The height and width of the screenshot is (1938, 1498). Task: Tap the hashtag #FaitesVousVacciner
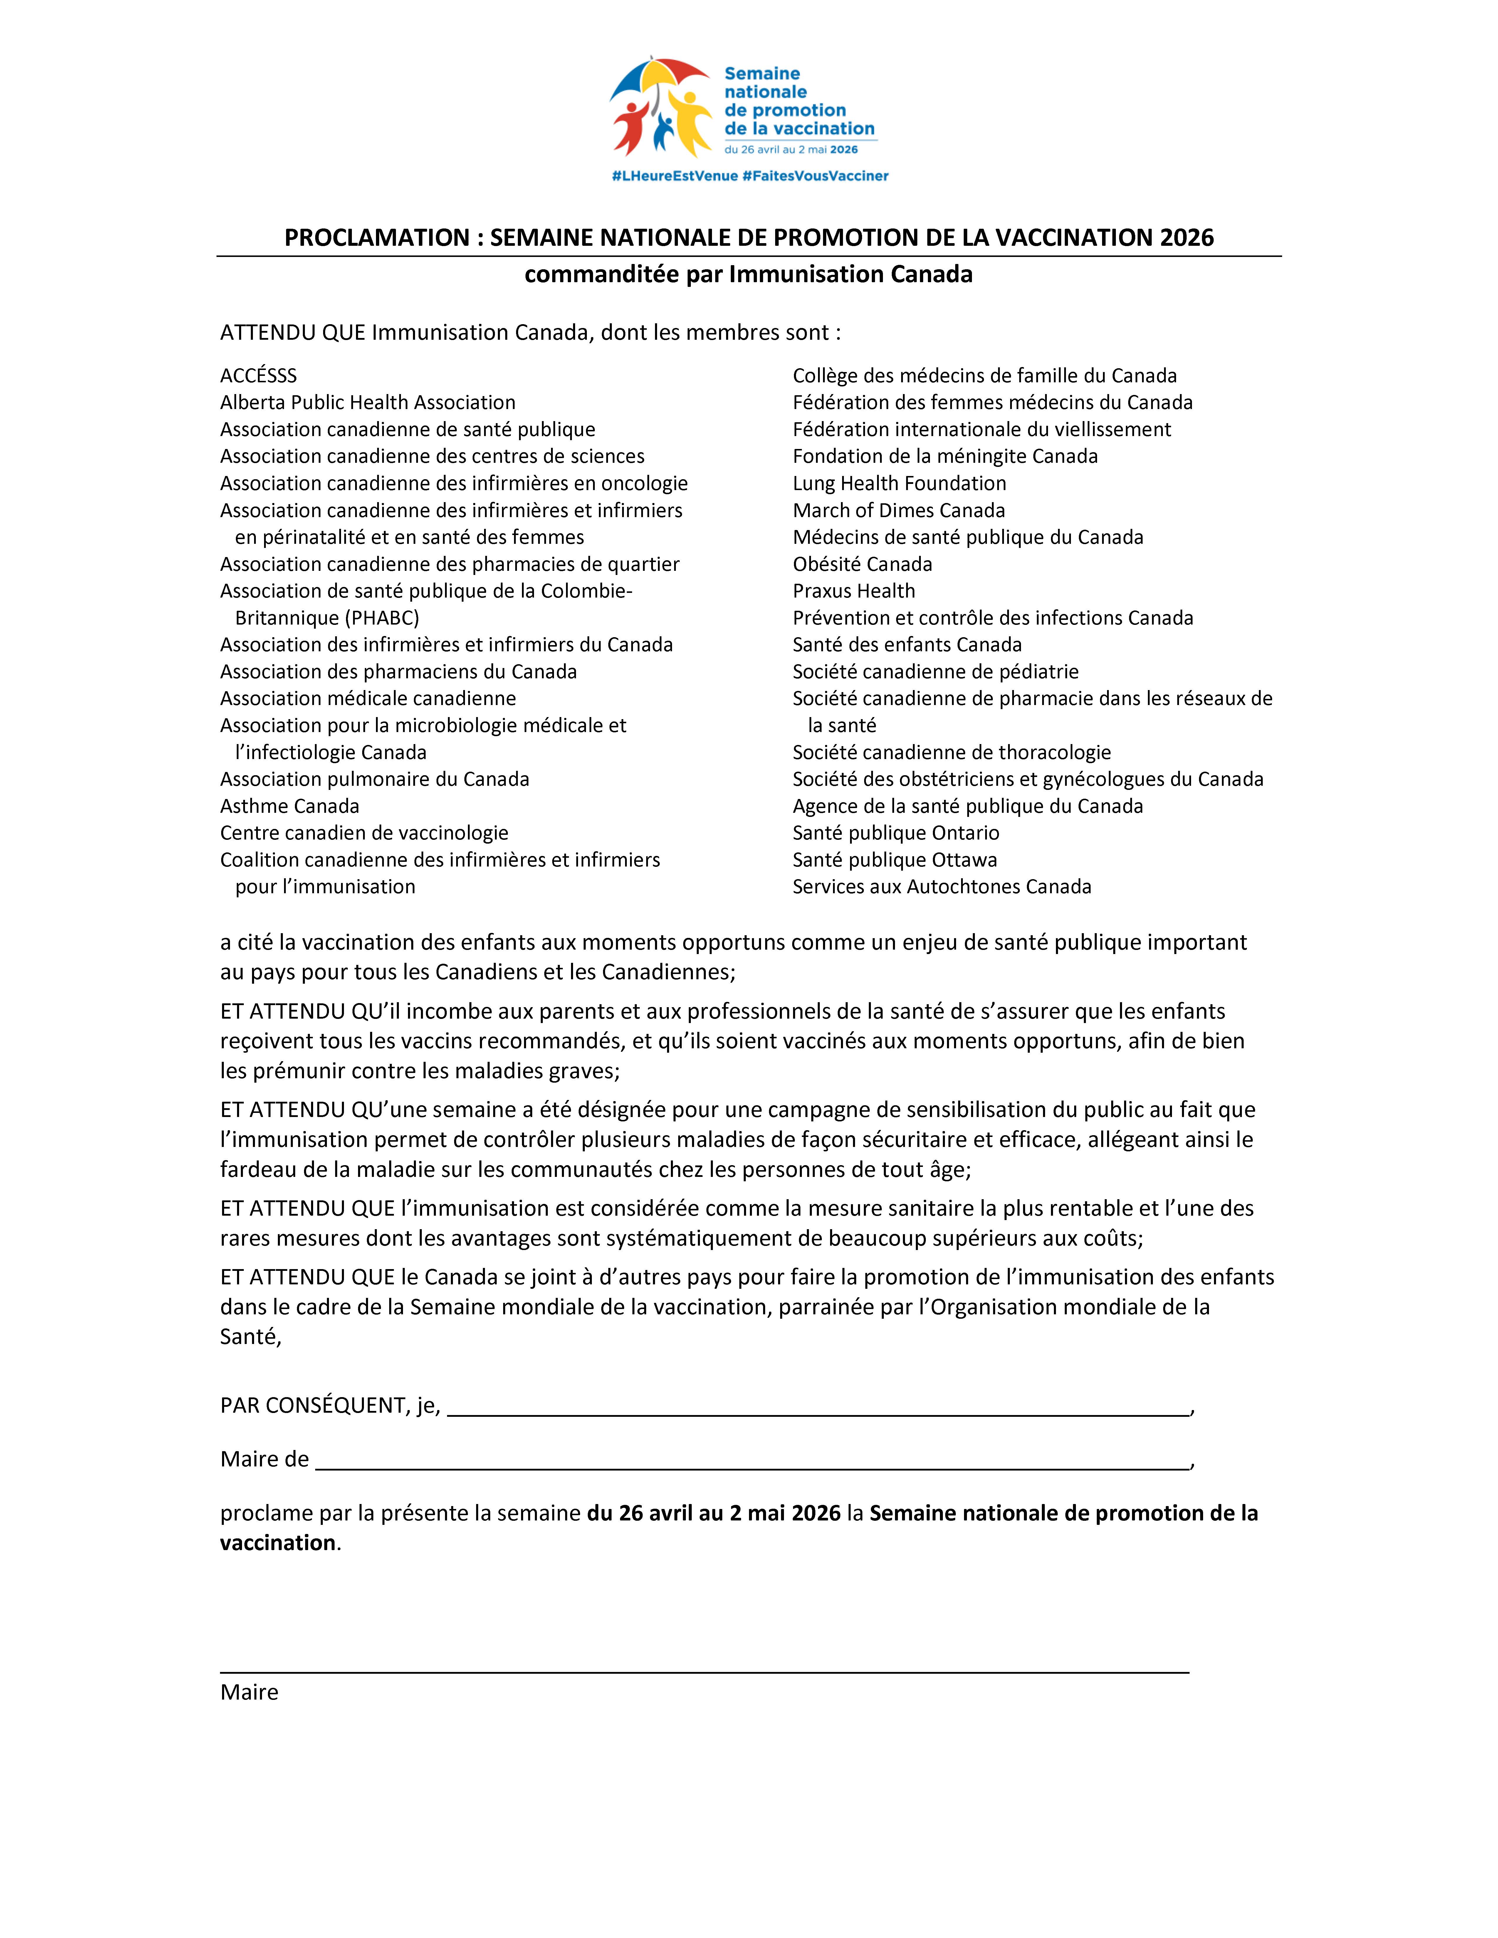click(x=815, y=176)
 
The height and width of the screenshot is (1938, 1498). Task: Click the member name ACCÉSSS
click(x=258, y=375)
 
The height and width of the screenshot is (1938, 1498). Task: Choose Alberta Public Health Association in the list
click(x=367, y=402)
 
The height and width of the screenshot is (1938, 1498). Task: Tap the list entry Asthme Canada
click(x=289, y=806)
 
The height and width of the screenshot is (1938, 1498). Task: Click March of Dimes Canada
click(x=898, y=510)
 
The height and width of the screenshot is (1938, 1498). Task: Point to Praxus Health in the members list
click(x=853, y=591)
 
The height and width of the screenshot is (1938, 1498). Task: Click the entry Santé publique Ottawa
click(x=894, y=860)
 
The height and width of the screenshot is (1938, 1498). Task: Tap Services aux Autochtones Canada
click(x=942, y=886)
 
